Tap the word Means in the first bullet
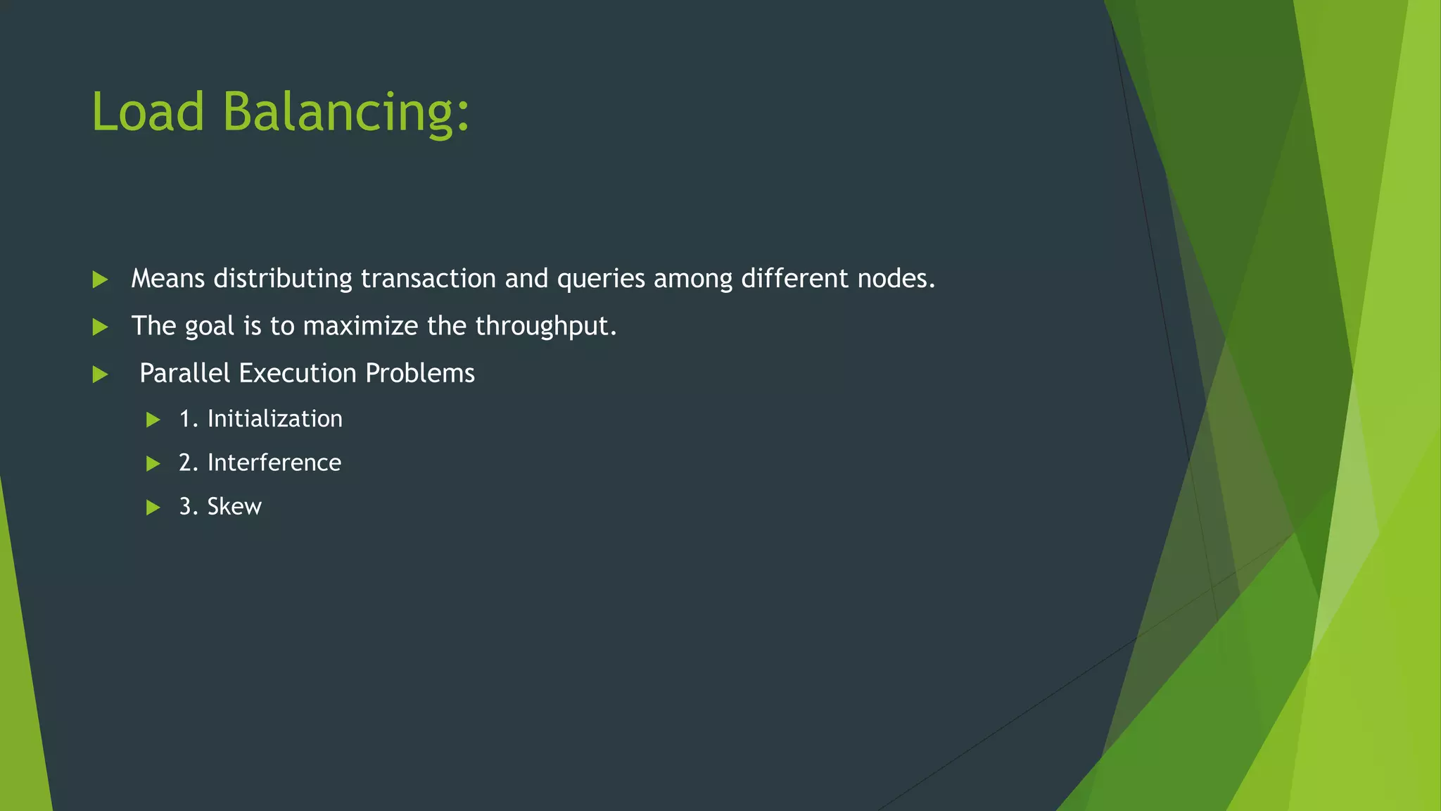click(168, 279)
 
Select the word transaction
click(428, 279)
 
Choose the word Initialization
click(275, 419)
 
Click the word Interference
click(274, 463)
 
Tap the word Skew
click(234, 507)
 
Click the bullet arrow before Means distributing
click(101, 279)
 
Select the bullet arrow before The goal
click(101, 327)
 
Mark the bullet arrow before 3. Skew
click(153, 508)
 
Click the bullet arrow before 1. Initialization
click(153, 420)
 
